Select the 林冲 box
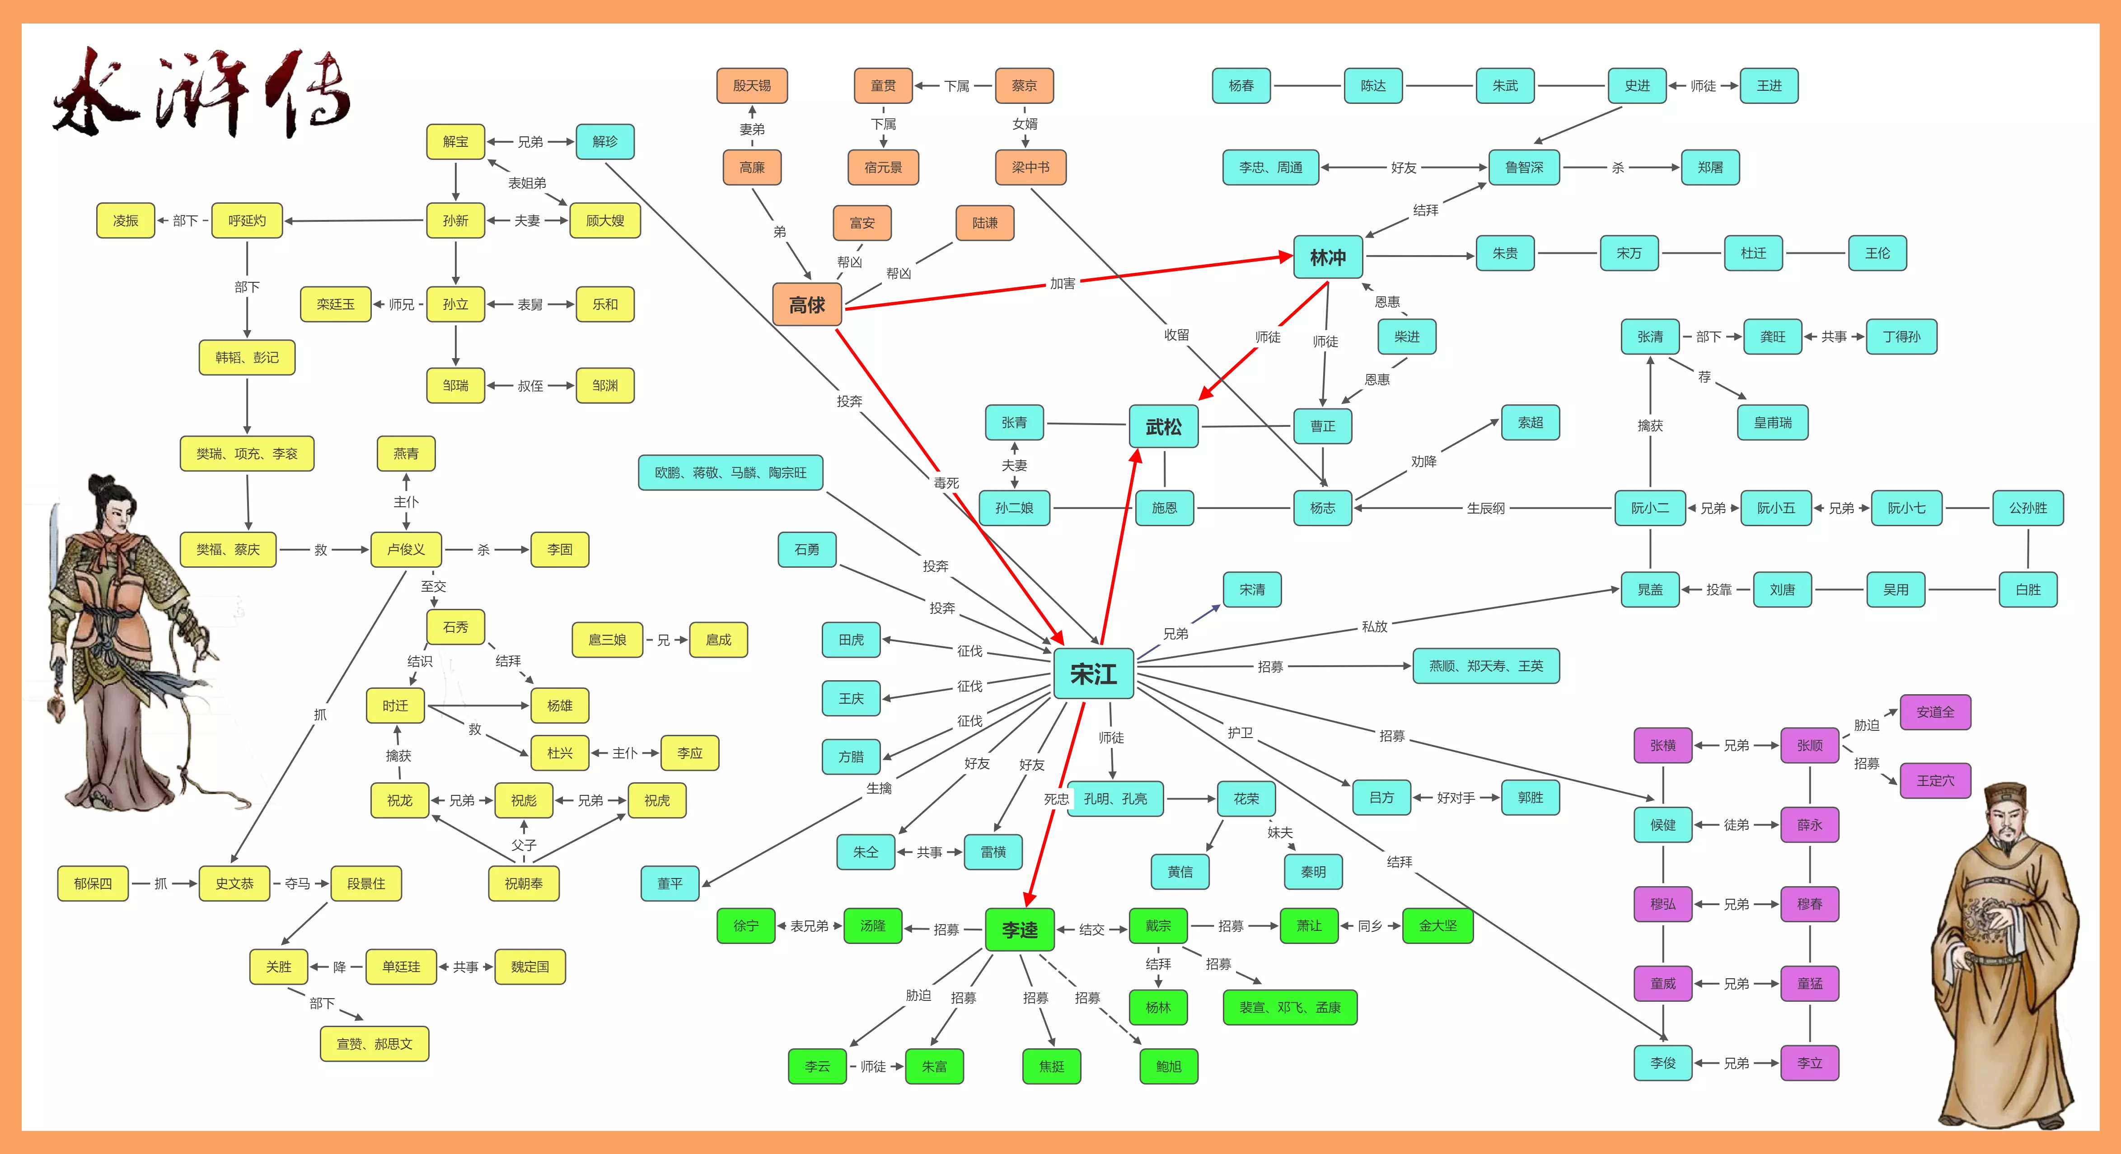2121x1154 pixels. [1327, 257]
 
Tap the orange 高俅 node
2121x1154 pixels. [807, 304]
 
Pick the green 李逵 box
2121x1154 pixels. [1019, 929]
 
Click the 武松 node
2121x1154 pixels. [1163, 426]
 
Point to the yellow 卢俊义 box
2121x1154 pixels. [406, 549]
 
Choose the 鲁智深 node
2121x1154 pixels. [1524, 167]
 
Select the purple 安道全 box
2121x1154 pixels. [1935, 712]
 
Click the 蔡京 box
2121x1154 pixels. [1024, 86]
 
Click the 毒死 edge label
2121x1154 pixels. [946, 483]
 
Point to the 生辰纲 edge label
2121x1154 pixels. [1485, 508]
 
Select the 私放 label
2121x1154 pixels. [1374, 626]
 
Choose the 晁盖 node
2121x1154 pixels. [1650, 589]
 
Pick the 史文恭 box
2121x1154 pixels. [234, 883]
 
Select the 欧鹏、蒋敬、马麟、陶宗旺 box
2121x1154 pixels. [730, 472]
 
